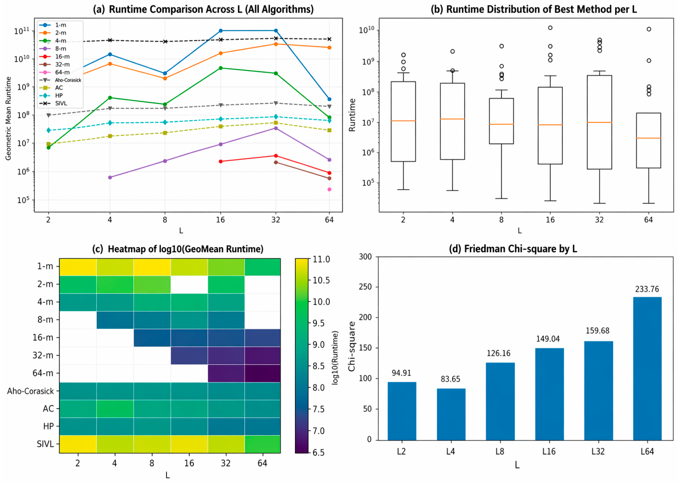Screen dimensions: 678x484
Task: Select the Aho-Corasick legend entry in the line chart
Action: click(60, 80)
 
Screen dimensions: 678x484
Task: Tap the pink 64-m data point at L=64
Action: click(329, 189)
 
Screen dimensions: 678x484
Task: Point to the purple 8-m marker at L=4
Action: click(110, 177)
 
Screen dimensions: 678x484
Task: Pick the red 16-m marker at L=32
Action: click(276, 156)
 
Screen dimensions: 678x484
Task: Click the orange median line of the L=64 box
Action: click(648, 138)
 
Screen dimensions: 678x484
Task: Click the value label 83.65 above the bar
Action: click(451, 379)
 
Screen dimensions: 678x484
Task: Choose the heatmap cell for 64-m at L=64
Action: click(262, 373)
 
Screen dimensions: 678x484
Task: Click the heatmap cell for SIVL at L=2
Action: click(78, 444)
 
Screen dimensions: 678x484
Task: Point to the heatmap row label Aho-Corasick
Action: click(30, 391)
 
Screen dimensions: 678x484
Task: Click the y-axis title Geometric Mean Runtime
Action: click(8, 118)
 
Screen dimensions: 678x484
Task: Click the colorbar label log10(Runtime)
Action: click(335, 357)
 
